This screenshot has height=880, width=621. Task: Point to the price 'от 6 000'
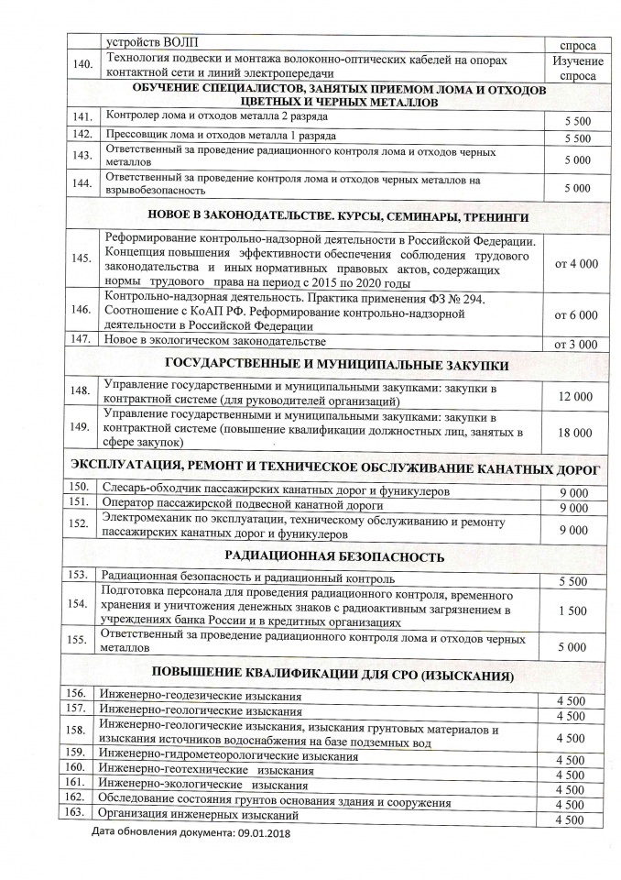pyautogui.click(x=577, y=314)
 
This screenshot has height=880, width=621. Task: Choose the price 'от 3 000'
pyautogui.click(x=577, y=345)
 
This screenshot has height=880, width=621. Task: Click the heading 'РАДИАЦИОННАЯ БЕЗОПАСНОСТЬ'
pyautogui.click(x=334, y=556)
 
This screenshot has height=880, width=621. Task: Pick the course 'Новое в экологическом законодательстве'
pyautogui.click(x=216, y=342)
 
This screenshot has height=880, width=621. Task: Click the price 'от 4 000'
pyautogui.click(x=577, y=263)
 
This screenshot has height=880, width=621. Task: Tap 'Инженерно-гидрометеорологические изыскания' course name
pyautogui.click(x=228, y=756)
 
